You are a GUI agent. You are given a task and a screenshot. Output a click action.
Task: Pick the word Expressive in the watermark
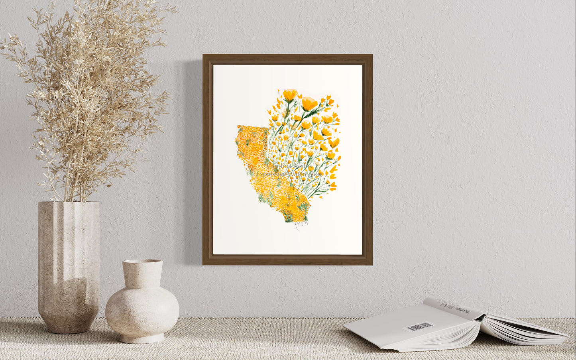[x=271, y=174]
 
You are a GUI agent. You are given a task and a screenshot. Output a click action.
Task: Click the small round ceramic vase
[x=142, y=303]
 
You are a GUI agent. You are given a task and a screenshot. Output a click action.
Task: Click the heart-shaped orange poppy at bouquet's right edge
[x=334, y=142]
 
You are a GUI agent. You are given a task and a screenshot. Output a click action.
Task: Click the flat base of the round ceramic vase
[x=142, y=339]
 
